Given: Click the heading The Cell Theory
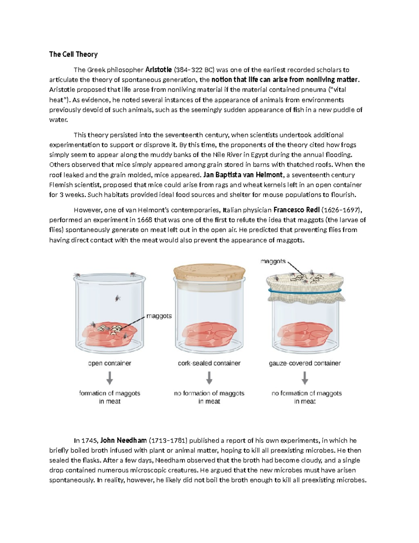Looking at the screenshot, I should pos(73,54).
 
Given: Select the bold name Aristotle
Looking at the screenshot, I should pos(159,70).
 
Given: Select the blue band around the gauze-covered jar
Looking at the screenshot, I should pos(305,290).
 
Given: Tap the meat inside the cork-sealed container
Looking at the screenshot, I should pos(209,334).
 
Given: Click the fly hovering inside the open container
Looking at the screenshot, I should pos(117,298).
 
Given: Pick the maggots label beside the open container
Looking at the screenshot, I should pos(159,316).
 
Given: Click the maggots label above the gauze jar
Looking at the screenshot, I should pos(273,261).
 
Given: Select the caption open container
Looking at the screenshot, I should pos(110,363).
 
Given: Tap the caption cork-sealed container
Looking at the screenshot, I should pos(209,363).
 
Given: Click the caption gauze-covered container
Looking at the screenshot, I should pos(305,363).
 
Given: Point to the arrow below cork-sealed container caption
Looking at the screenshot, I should pos(209,378).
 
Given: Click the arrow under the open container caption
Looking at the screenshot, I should pos(110,378).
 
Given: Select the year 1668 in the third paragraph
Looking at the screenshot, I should pos(145,220).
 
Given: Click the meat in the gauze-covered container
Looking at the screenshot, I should pos(305,334).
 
